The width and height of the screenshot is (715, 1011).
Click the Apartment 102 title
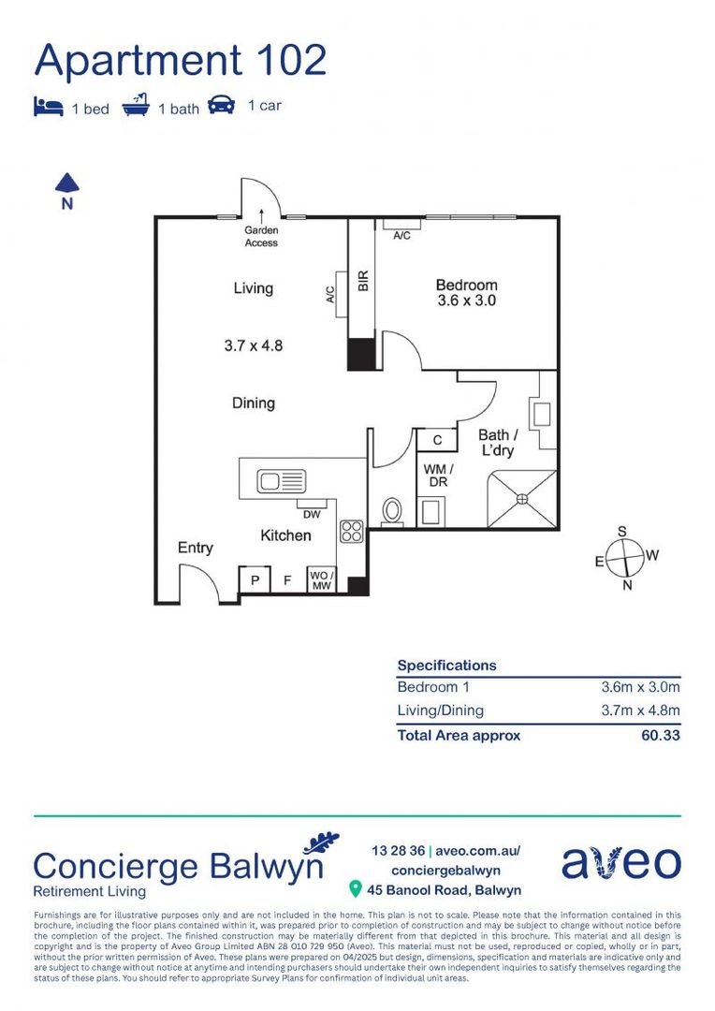pyautogui.click(x=181, y=60)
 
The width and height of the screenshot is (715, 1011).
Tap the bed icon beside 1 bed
pyautogui.click(x=48, y=107)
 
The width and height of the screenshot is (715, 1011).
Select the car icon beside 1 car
pyautogui.click(x=222, y=105)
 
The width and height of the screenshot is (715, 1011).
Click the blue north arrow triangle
pyautogui.click(x=66, y=183)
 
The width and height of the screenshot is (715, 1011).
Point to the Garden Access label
pyautogui.click(x=261, y=236)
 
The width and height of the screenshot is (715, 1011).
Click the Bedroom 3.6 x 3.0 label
pyautogui.click(x=466, y=293)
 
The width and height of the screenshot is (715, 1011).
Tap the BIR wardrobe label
pyautogui.click(x=363, y=280)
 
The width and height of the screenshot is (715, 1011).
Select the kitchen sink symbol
pyautogui.click(x=282, y=482)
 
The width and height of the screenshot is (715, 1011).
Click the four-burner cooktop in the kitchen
pyautogui.click(x=352, y=532)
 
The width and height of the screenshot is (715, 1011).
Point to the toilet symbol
pyautogui.click(x=393, y=511)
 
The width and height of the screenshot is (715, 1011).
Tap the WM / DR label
pyautogui.click(x=437, y=475)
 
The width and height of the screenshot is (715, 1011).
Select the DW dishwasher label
pyautogui.click(x=311, y=513)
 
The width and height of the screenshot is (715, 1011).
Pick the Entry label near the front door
pyautogui.click(x=196, y=548)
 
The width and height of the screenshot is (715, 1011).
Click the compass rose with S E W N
pyautogui.click(x=624, y=558)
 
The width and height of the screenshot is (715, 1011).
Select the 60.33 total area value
pyautogui.click(x=661, y=735)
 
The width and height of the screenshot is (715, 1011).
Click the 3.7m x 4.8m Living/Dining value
pyautogui.click(x=640, y=710)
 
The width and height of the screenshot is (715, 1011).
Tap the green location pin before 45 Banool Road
pyautogui.click(x=355, y=888)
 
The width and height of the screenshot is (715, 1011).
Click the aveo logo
pyautogui.click(x=620, y=862)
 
